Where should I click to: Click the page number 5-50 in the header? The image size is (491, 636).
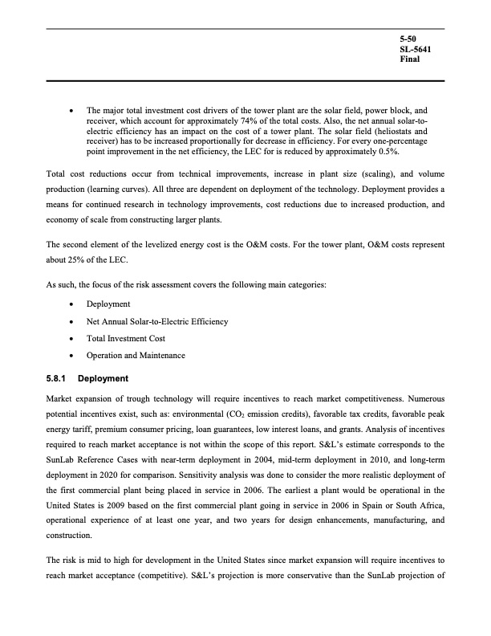coord(407,39)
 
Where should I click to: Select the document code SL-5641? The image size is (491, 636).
coord(414,49)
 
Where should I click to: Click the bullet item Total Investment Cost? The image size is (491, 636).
coord(125,338)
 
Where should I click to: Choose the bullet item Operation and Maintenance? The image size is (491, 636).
coord(136,355)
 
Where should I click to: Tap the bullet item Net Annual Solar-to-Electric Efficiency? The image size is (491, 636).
coord(157,321)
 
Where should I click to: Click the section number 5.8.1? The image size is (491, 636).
coord(57,377)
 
